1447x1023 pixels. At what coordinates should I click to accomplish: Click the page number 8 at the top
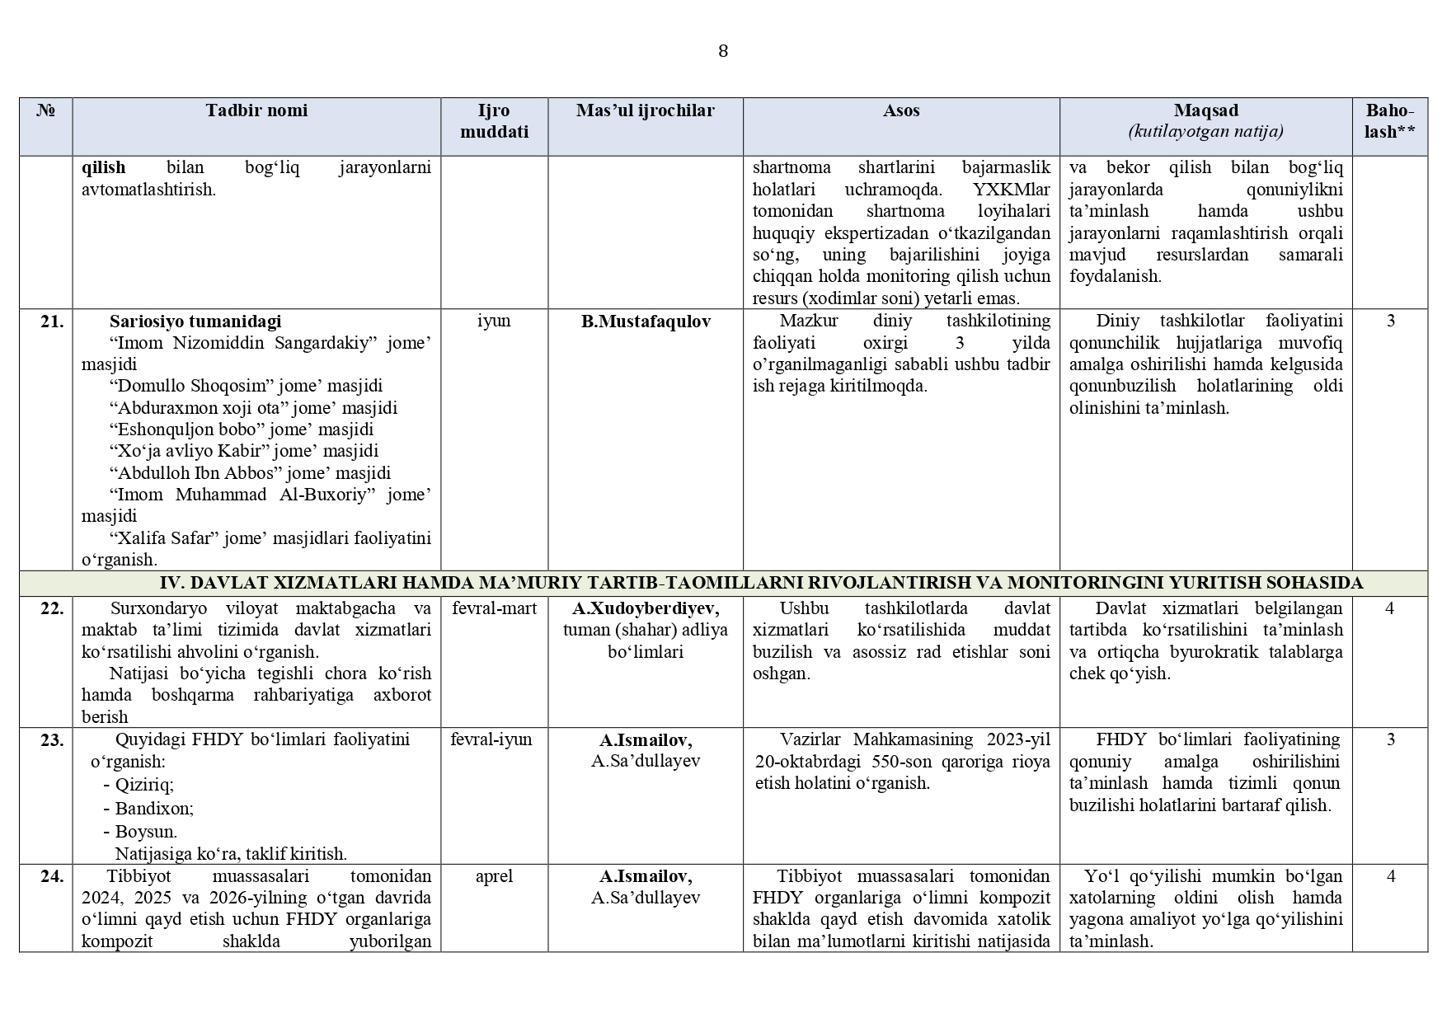point(723,51)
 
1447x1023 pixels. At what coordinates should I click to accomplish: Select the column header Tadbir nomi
point(256,110)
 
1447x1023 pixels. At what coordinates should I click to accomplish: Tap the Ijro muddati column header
point(494,121)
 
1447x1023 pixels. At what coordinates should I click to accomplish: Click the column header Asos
point(901,110)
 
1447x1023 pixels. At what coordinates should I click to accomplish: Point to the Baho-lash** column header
point(1390,121)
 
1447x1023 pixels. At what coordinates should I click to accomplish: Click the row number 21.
point(51,321)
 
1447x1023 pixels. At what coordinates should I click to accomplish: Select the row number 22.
point(51,608)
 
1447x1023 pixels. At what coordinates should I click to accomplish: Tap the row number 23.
point(51,740)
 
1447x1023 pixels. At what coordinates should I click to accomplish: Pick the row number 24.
point(51,876)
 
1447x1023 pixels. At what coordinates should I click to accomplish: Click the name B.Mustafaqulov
point(646,321)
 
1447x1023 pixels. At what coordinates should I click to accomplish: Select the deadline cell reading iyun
point(494,321)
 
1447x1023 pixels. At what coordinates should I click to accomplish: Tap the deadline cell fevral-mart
point(494,608)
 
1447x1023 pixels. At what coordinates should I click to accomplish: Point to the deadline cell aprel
point(494,876)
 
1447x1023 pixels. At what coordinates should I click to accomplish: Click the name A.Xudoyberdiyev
point(646,608)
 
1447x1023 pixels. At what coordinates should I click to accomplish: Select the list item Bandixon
point(153,808)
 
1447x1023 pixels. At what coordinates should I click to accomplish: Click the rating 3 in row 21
point(1390,321)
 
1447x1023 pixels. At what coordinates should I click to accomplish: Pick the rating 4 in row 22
point(1390,608)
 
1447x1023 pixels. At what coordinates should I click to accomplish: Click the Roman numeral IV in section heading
point(169,583)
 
